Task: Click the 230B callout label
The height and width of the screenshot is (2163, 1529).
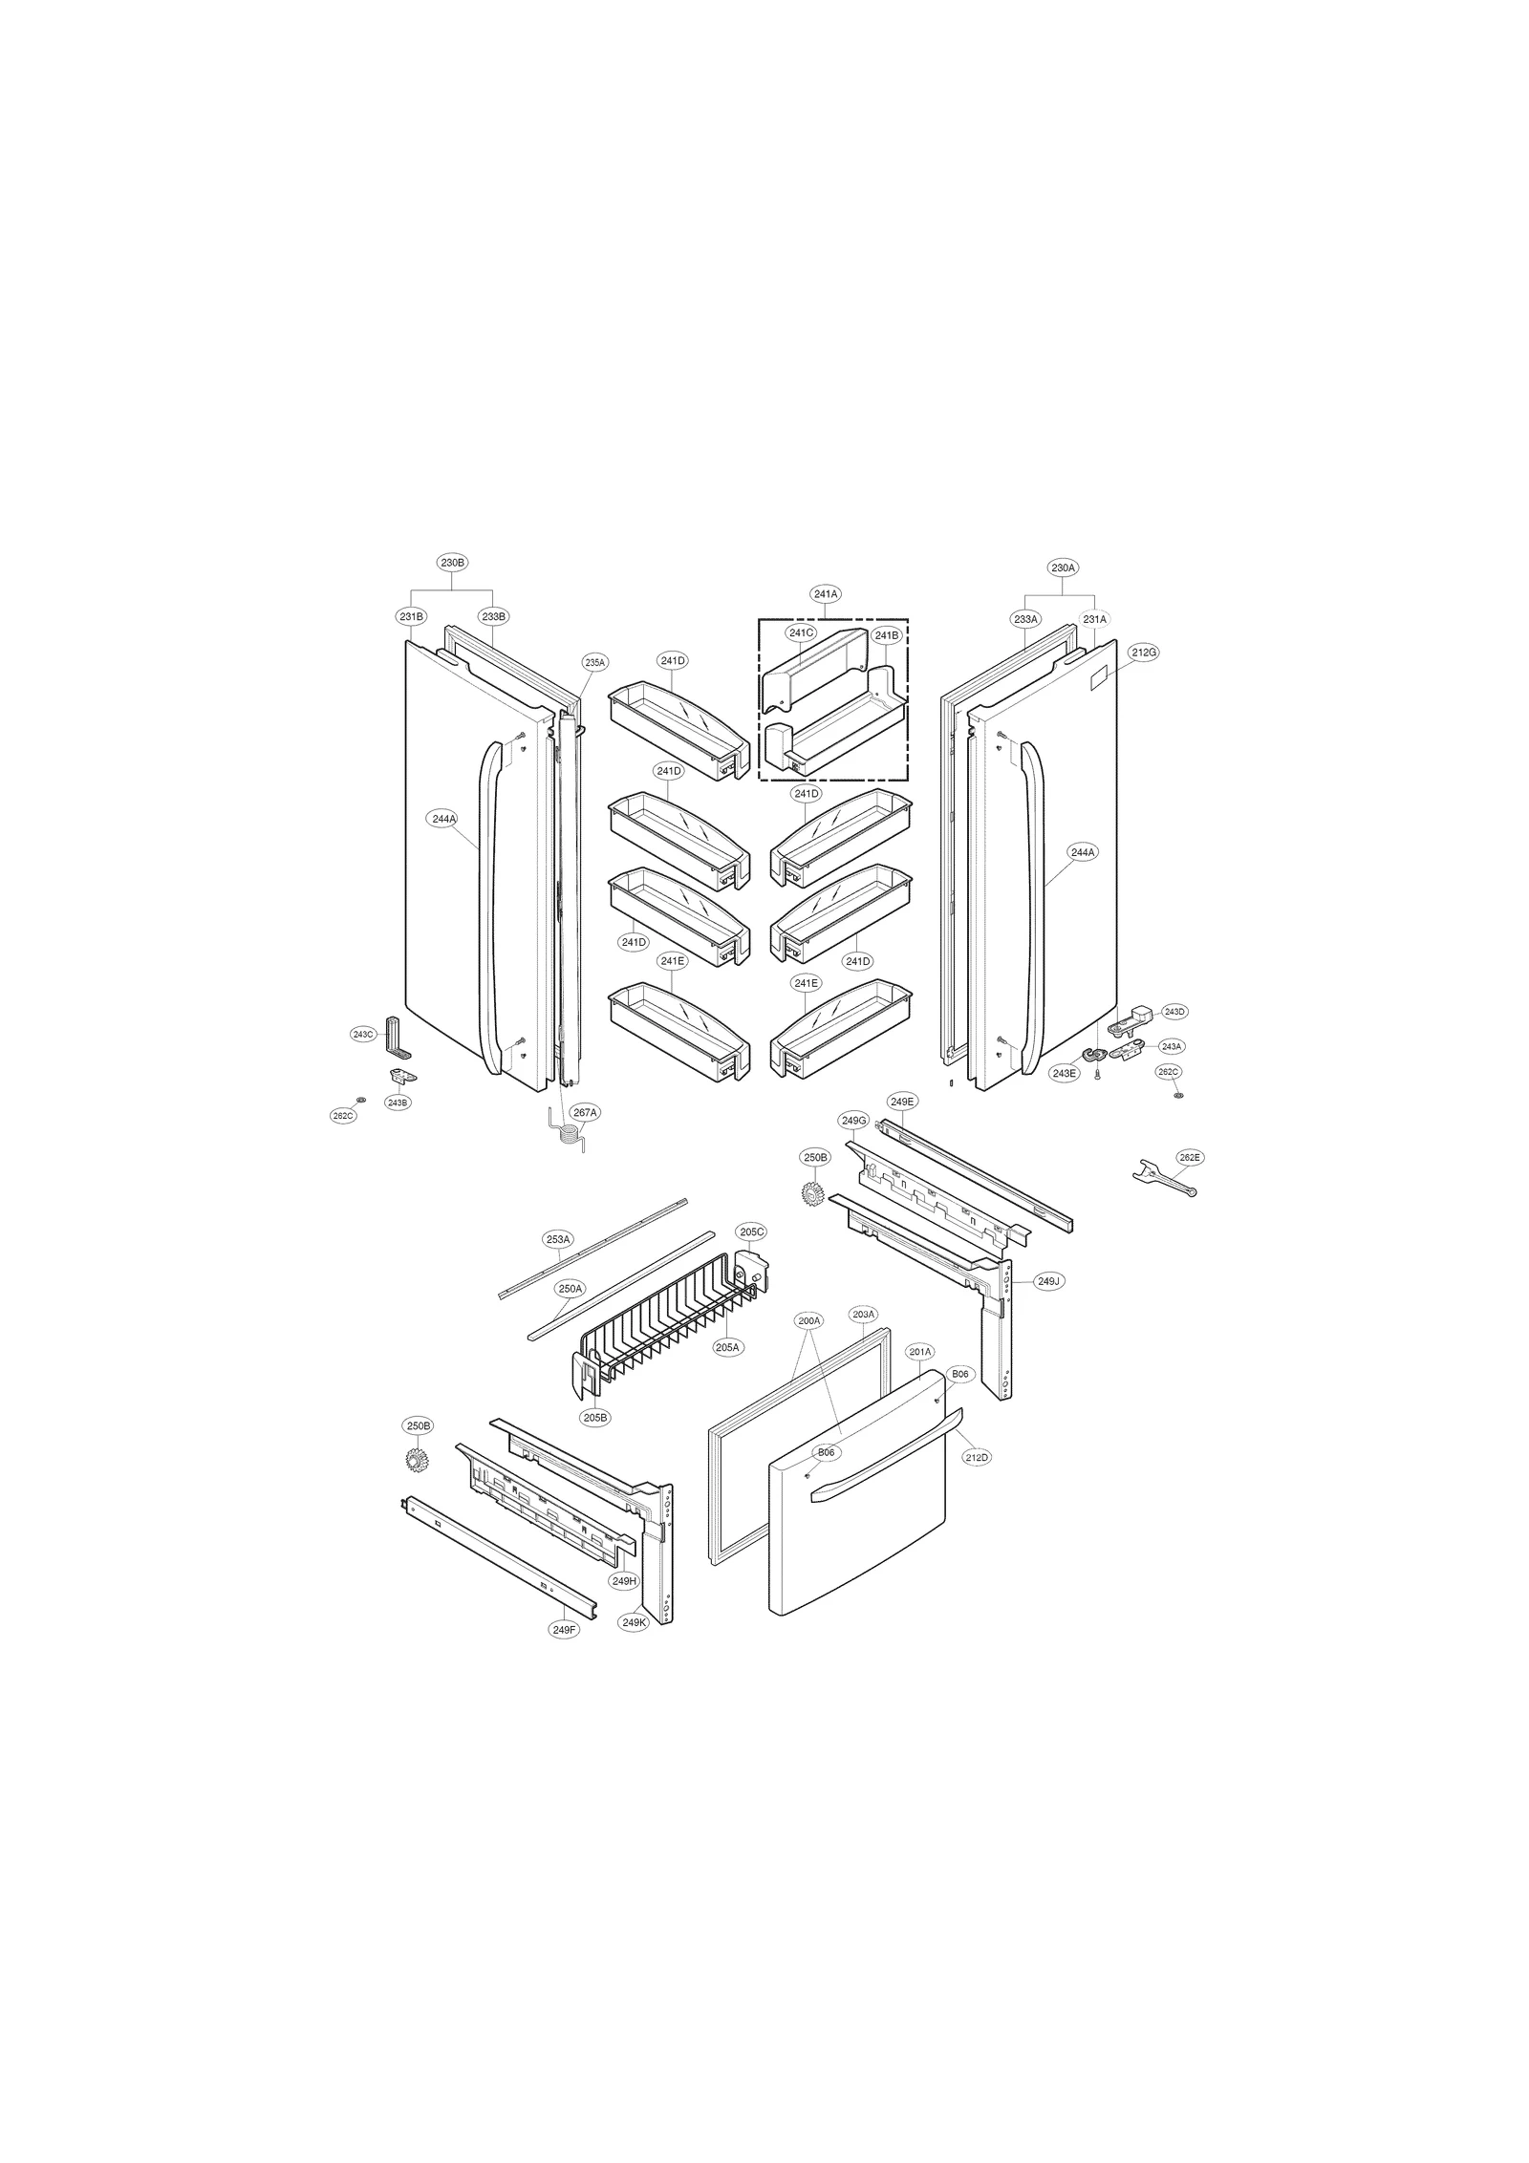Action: point(452,563)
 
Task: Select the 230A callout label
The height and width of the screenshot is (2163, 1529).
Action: point(1064,568)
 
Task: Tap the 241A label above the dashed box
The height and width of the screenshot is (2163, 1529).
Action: point(826,593)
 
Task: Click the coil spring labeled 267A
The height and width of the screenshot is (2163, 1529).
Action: point(568,1135)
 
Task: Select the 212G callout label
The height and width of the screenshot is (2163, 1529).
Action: point(1144,653)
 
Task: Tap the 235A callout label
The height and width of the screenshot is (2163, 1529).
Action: point(595,661)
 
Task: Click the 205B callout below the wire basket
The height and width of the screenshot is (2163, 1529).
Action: point(594,1418)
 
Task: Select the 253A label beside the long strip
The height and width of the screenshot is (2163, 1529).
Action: point(558,1239)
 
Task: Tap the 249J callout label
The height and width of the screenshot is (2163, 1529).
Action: point(1049,1281)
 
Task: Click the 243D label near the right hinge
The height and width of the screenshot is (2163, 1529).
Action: point(1174,1012)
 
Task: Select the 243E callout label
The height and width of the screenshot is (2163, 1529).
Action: point(1065,1073)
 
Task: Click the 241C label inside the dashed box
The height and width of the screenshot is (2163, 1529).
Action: point(801,632)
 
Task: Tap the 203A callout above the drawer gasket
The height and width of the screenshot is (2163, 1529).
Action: point(863,1315)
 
